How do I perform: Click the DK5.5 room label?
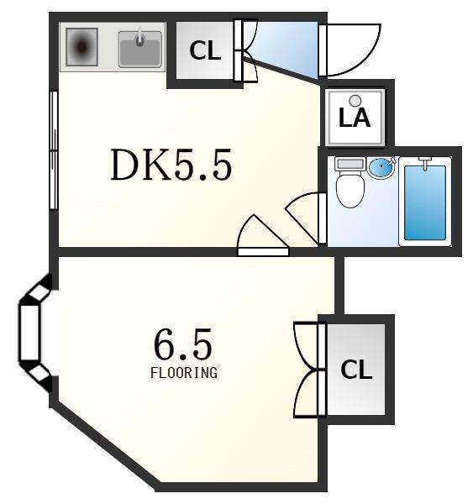[171, 165]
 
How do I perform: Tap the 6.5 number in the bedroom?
[183, 344]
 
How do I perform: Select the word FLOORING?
[184, 373]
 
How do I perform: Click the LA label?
[355, 118]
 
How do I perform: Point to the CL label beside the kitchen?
[205, 50]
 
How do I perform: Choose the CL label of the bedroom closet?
[356, 370]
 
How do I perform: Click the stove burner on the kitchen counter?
[82, 47]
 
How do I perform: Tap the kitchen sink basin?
[139, 50]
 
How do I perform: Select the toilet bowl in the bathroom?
[350, 191]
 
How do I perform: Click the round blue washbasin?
[381, 167]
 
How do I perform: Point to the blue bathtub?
[425, 202]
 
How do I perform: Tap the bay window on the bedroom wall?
[34, 333]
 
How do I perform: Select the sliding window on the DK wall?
[54, 150]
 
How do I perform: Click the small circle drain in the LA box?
[355, 101]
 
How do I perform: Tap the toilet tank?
[349, 164]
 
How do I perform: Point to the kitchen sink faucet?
[139, 37]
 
